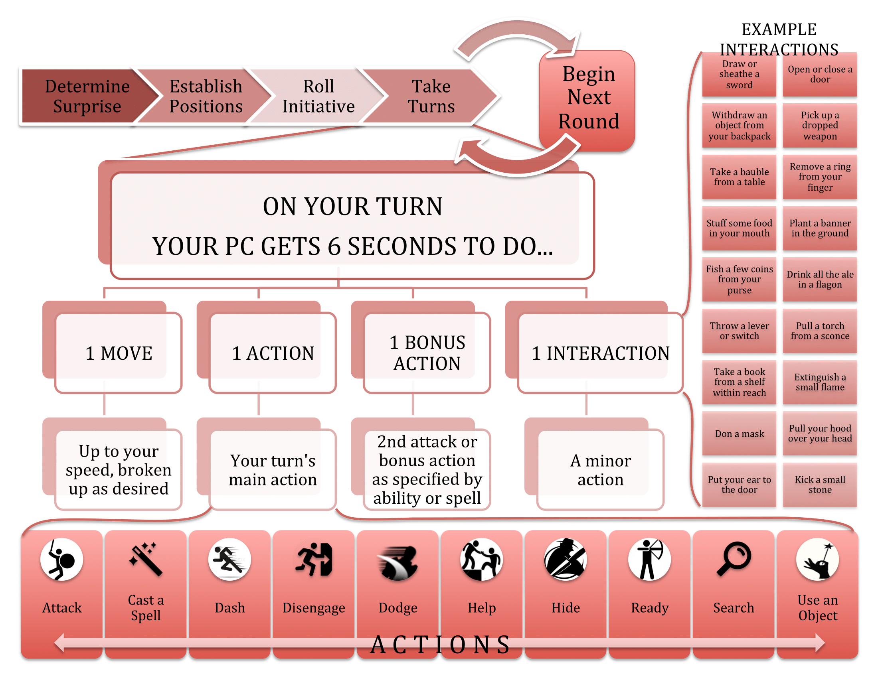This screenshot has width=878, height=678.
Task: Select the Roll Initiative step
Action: pos(318,97)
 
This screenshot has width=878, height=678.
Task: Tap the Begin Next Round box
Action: pos(587,101)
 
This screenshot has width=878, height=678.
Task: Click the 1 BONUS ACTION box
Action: pos(427,353)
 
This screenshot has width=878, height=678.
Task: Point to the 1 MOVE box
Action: pos(119,353)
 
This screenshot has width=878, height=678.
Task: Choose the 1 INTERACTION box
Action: pos(601,353)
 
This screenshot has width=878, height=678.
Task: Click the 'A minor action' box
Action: pos(601,469)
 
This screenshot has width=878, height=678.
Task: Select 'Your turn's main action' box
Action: pos(273,469)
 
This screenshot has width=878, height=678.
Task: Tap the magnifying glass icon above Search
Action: pos(734,559)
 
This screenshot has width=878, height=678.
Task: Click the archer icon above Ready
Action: pos(650,560)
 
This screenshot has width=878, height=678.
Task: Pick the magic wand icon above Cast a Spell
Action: pos(146,559)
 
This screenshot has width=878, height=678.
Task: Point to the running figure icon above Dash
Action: pos(229,560)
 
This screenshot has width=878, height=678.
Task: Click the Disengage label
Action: pos(314,608)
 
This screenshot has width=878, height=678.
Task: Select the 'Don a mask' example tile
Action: pos(739,434)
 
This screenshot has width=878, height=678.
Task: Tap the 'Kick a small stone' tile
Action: pos(820,485)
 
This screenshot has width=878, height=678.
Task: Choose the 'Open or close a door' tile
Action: pos(820,75)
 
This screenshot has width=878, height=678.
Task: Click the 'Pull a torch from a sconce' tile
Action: pos(820,331)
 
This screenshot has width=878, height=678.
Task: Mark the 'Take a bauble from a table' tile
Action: pos(739,177)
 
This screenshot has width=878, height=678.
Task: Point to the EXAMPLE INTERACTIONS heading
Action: pos(779,39)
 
